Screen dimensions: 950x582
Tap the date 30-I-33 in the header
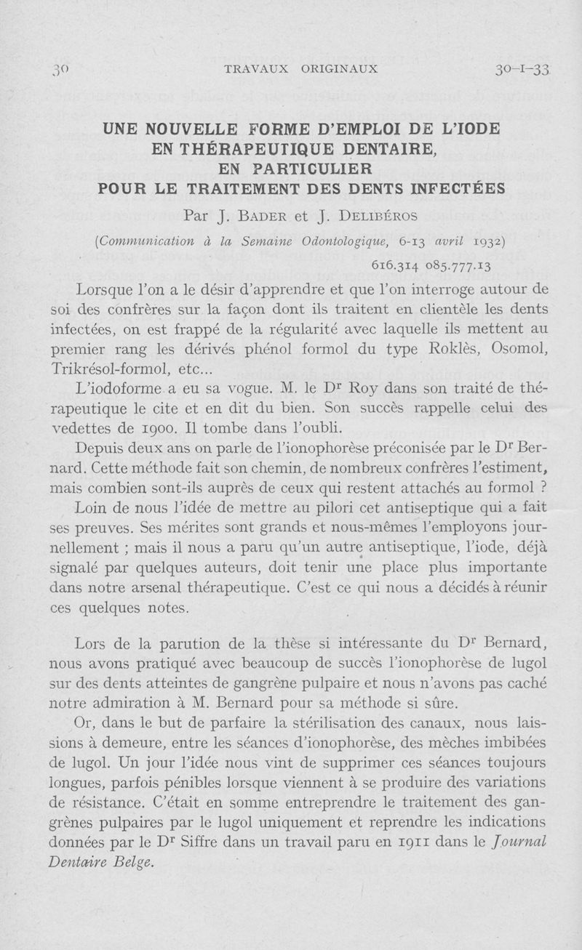click(521, 70)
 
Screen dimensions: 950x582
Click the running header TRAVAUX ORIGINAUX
click(300, 70)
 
